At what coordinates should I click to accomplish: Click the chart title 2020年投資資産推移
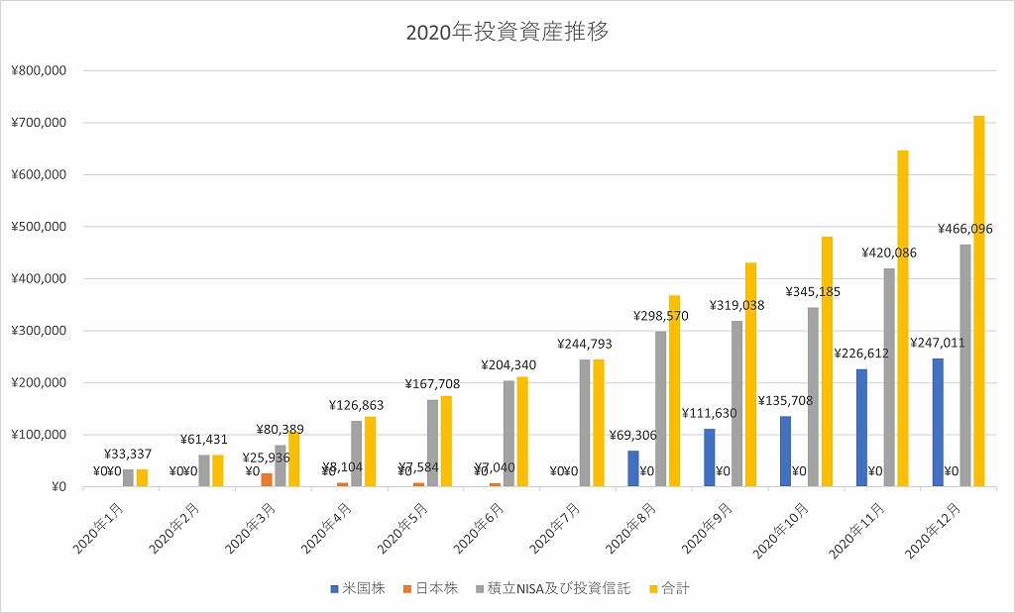click(507, 33)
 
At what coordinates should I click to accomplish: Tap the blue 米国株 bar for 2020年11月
click(861, 427)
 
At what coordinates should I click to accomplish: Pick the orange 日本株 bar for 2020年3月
click(266, 479)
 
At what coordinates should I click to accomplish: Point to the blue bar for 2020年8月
click(632, 468)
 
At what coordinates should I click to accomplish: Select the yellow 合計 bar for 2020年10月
click(826, 361)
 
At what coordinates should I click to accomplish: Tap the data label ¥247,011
click(937, 343)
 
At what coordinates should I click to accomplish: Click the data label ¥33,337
click(128, 455)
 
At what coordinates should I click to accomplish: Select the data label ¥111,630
click(709, 413)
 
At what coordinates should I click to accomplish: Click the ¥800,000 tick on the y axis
click(39, 70)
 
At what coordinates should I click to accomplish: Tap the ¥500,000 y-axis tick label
click(39, 227)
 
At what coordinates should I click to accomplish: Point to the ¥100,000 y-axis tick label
click(39, 435)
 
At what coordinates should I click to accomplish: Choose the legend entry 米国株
click(363, 588)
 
